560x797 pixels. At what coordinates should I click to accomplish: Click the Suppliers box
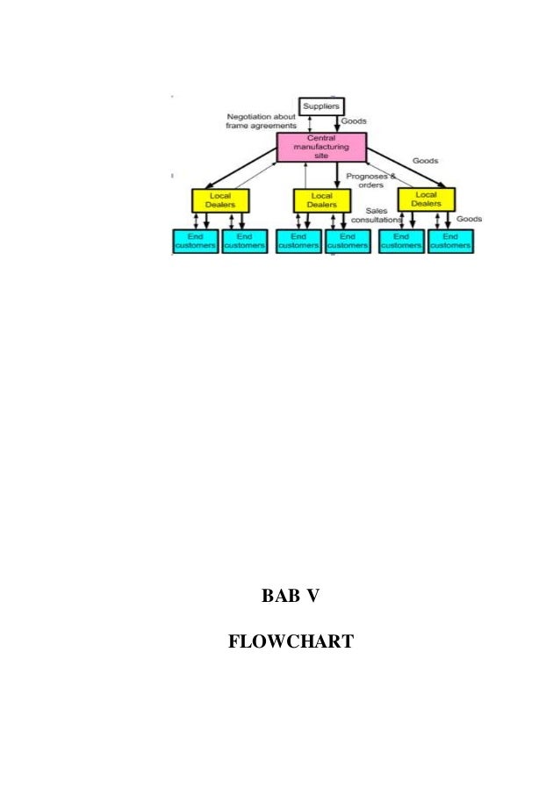pyautogui.click(x=321, y=106)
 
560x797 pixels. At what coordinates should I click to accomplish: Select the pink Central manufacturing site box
pyautogui.click(x=320, y=147)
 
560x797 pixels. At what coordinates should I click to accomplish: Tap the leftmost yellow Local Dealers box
pyautogui.click(x=219, y=200)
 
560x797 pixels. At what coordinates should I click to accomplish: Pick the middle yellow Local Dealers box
pyautogui.click(x=321, y=200)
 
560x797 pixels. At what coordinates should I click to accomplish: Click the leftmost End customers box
pyautogui.click(x=195, y=241)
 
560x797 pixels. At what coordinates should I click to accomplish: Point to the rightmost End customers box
pyautogui.click(x=450, y=241)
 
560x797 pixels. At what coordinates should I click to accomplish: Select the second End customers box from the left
pyautogui.click(x=244, y=241)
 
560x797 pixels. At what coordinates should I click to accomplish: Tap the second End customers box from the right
pyautogui.click(x=401, y=241)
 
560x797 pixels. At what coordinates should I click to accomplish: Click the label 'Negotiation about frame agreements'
pyautogui.click(x=262, y=121)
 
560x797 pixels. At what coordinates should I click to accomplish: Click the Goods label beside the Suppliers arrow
pyautogui.click(x=354, y=120)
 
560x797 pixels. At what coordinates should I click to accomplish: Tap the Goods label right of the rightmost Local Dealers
pyautogui.click(x=469, y=219)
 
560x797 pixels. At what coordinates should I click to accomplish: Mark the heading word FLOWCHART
pyautogui.click(x=290, y=642)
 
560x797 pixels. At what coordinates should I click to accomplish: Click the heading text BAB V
pyautogui.click(x=291, y=597)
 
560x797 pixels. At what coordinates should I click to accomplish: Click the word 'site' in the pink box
pyautogui.click(x=320, y=156)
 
